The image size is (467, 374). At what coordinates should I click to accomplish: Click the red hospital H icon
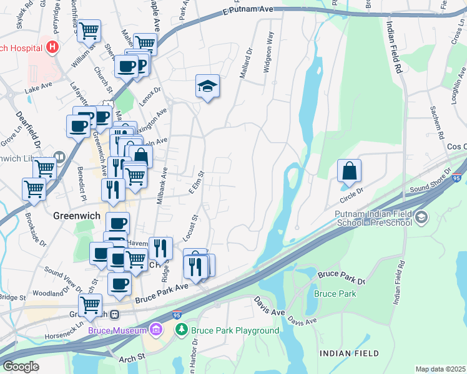pyautogui.click(x=53, y=47)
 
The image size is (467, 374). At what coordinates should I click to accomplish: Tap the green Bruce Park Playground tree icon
pyautogui.click(x=182, y=330)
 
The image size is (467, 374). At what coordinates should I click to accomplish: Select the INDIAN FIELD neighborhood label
pyautogui.click(x=349, y=353)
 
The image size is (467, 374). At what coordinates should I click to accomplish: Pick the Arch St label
pyautogui.click(x=132, y=356)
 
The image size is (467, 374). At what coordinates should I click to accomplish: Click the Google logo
pyautogui.click(x=21, y=367)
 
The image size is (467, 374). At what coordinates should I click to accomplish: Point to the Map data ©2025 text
pyautogui.click(x=440, y=369)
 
